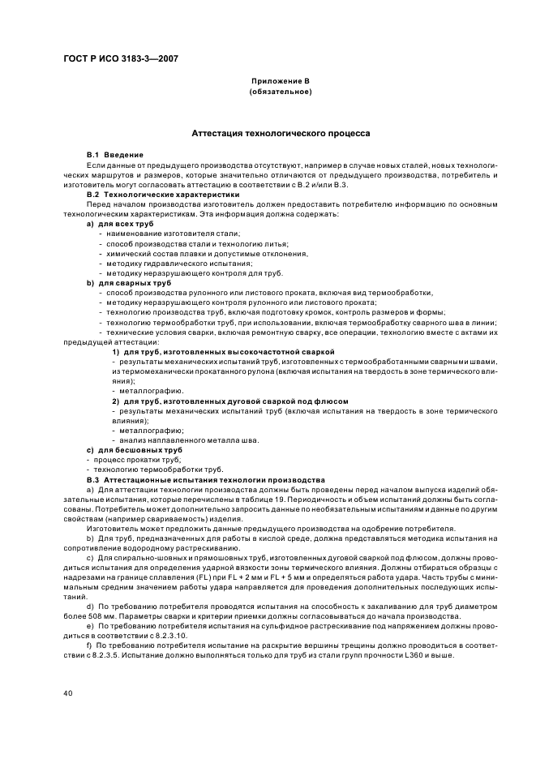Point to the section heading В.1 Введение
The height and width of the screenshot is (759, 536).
click(x=115, y=154)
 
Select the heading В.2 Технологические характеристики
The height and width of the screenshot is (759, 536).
click(x=163, y=195)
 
